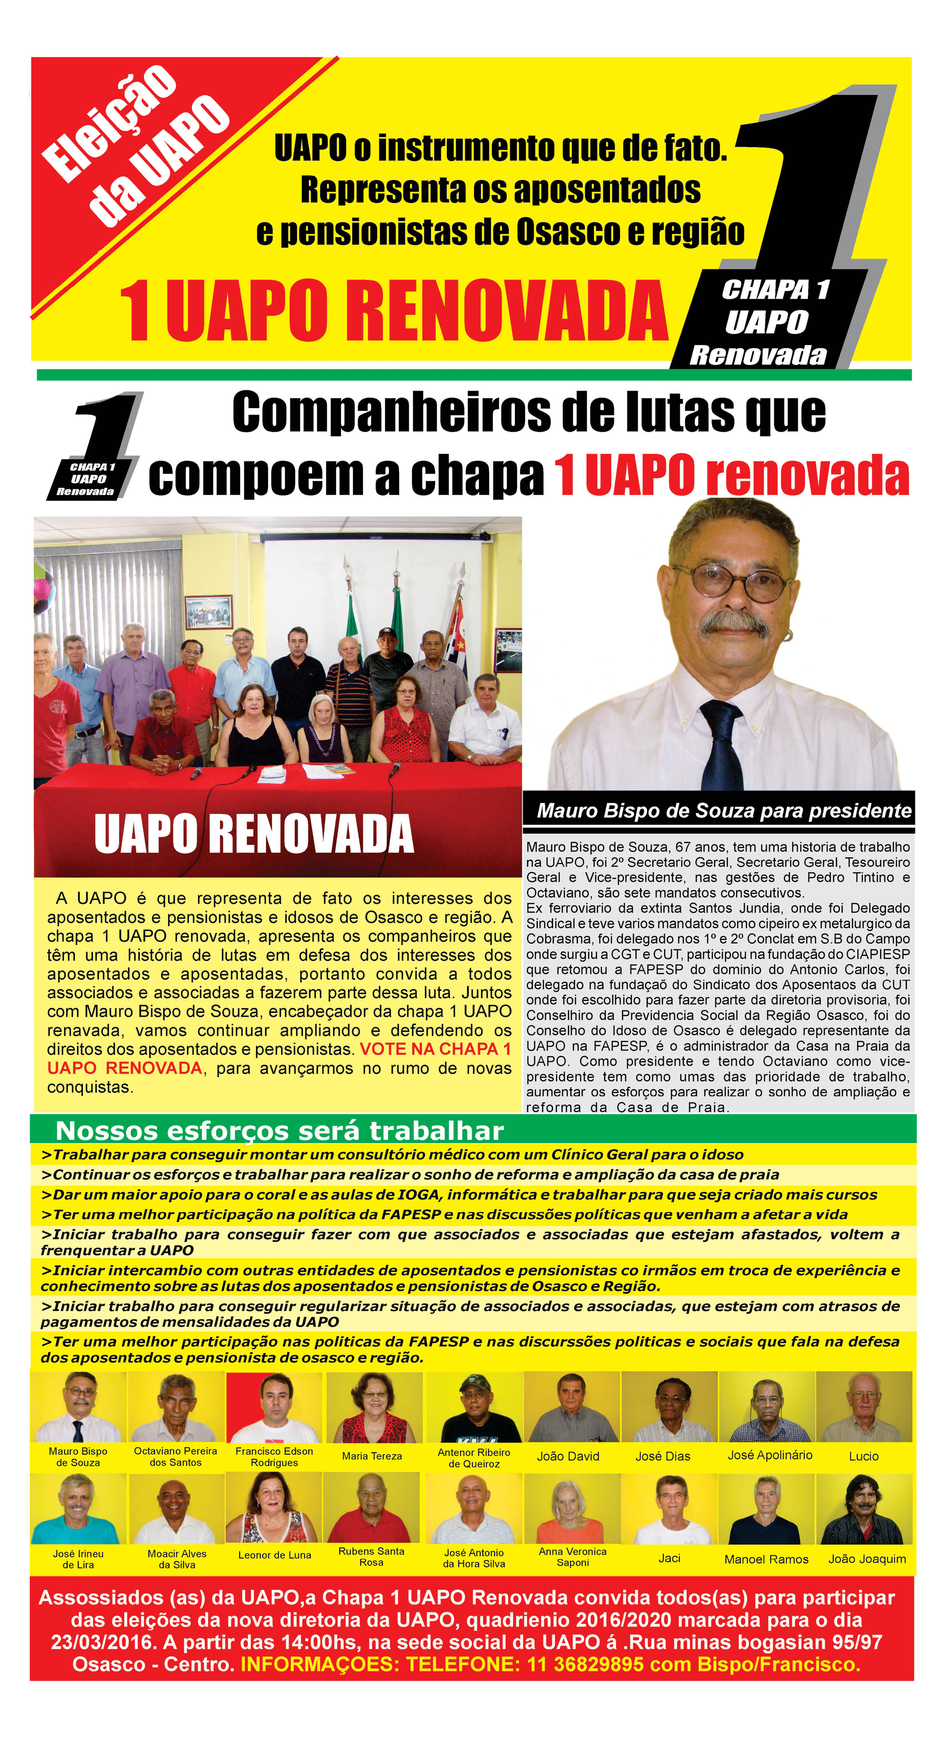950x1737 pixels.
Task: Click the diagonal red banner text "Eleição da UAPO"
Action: pos(135,145)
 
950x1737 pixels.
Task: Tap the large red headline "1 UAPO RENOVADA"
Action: pos(393,311)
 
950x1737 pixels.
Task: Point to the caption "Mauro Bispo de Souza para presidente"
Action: pos(723,810)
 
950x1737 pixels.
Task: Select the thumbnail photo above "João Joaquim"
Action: pos(865,1510)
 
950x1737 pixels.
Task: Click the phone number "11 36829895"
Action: pos(585,1664)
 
